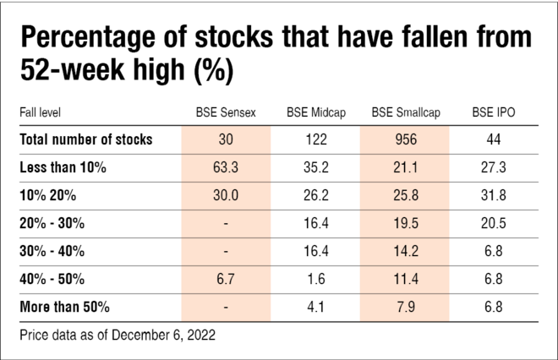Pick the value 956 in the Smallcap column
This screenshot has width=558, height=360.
click(404, 139)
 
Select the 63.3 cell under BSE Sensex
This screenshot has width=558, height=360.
click(226, 167)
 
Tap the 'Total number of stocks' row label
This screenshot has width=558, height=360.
click(85, 139)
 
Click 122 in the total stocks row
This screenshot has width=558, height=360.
click(315, 139)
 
